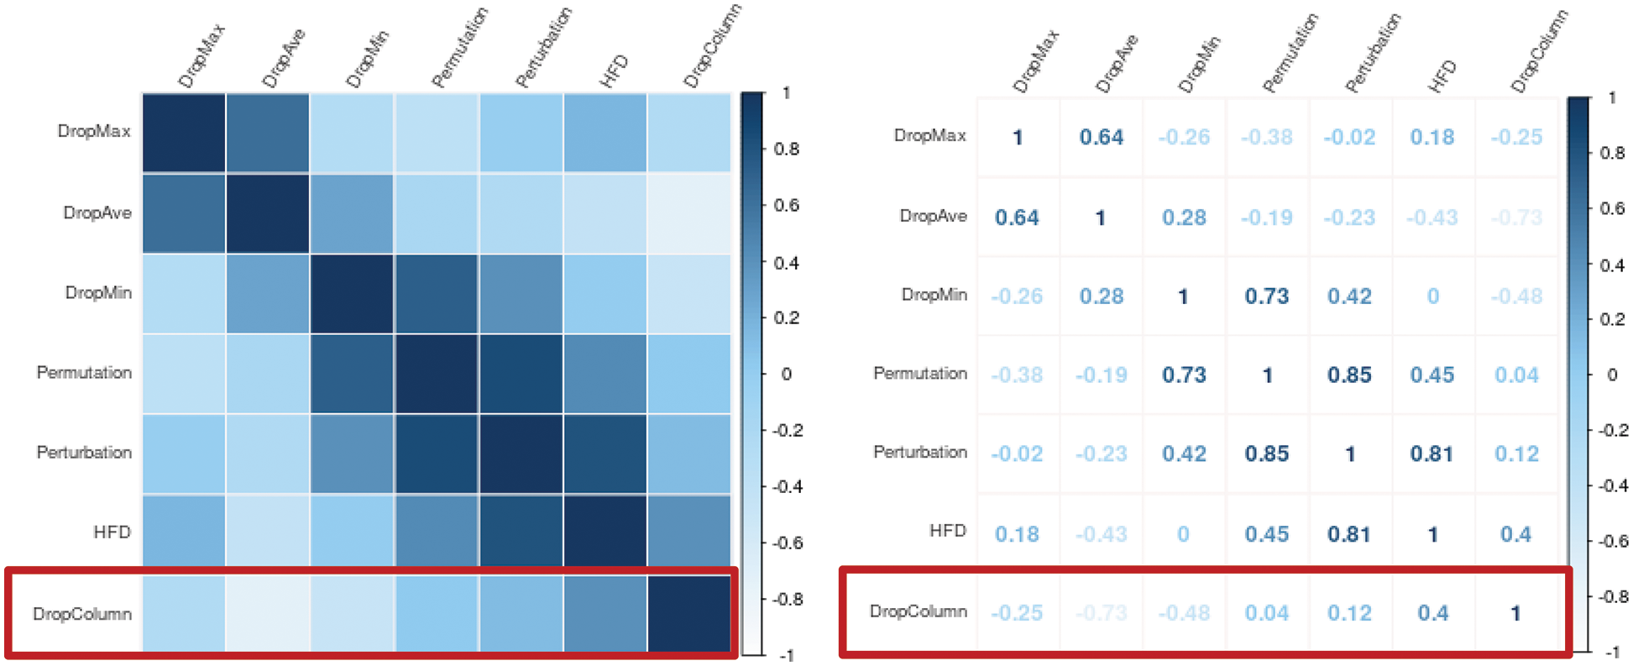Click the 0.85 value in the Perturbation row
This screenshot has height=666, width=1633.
[x=1267, y=454]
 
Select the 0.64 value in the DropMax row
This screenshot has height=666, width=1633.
[x=1101, y=137]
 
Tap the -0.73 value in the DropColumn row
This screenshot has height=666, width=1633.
[x=1101, y=613]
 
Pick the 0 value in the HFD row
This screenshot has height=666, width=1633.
[x=1183, y=534]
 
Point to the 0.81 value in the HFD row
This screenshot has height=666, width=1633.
[x=1349, y=534]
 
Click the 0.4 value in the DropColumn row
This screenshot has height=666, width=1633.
[x=1432, y=613]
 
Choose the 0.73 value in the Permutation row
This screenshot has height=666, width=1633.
[x=1184, y=375]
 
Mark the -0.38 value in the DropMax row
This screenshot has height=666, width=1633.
[x=1267, y=137]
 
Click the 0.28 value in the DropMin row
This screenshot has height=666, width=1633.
[x=1101, y=296]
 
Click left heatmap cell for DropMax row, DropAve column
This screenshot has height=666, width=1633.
[x=268, y=133]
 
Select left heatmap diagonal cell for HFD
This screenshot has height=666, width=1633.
[x=605, y=532]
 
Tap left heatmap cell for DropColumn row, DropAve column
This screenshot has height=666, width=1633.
[x=268, y=613]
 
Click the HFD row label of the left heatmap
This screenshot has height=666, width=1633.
[x=112, y=532]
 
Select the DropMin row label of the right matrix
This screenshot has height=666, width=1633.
[x=934, y=295]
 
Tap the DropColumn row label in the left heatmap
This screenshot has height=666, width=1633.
[x=82, y=614]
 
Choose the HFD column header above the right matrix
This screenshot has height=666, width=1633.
[x=1442, y=76]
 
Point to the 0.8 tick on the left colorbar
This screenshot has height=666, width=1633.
[x=787, y=149]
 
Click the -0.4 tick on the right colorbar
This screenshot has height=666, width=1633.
[x=1611, y=486]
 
